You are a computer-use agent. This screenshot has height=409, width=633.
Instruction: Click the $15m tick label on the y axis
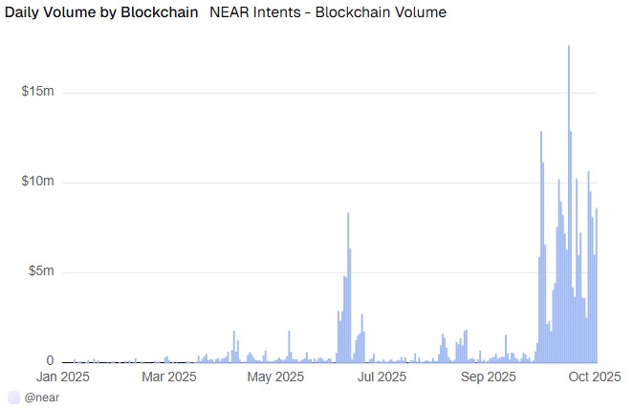(36, 92)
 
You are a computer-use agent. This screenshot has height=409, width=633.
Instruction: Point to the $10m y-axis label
(36, 182)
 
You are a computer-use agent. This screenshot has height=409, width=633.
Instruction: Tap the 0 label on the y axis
(49, 360)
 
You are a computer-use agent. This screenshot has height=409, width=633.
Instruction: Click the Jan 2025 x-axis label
(62, 377)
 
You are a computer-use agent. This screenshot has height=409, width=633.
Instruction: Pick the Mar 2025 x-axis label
(169, 377)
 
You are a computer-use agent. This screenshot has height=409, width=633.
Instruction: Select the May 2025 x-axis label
(275, 377)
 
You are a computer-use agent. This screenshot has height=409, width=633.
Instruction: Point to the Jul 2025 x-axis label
(382, 377)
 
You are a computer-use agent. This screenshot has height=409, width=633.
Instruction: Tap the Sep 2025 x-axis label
(489, 377)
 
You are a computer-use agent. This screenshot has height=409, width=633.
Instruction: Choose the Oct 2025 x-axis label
(595, 377)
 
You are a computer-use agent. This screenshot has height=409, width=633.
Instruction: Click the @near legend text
(44, 397)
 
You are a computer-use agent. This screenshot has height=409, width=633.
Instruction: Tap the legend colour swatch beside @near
(13, 397)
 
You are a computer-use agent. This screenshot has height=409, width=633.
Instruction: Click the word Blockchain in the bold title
(164, 12)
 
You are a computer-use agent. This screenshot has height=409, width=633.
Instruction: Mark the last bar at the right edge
(597, 287)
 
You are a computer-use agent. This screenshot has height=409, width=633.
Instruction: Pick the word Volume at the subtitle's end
(420, 12)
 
